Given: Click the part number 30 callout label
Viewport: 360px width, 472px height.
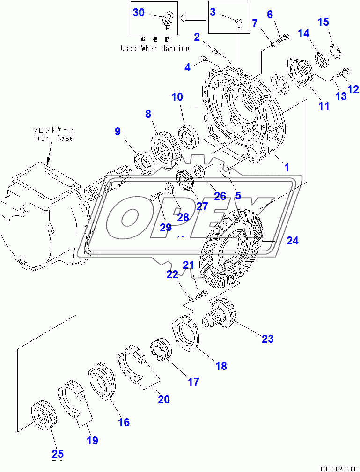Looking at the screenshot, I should pos(139,13).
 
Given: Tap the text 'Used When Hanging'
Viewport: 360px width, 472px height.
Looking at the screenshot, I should pos(155,48).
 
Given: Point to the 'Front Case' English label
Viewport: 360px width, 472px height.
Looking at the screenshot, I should pos(53,138).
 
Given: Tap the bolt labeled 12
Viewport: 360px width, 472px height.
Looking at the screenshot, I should pos(343,73).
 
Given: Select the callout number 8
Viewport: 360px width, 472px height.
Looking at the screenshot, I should pos(148,113).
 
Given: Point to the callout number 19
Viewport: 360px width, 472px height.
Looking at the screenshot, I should pos(92,440).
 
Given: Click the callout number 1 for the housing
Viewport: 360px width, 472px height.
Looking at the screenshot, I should pos(287,167).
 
